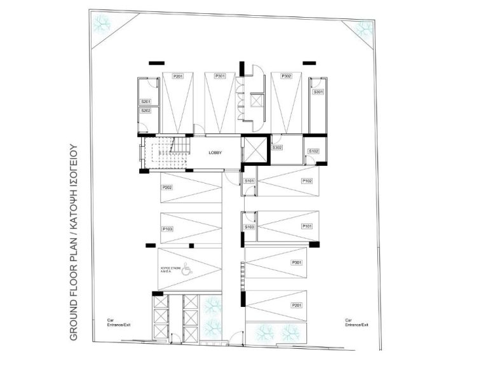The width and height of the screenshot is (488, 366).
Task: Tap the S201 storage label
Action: tap(146, 102)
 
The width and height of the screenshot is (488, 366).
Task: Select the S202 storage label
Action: tap(146, 111)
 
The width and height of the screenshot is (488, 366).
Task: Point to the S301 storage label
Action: tap(318, 92)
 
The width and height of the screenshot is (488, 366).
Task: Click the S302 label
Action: tap(277, 147)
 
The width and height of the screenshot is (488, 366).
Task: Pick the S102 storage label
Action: tap(313, 151)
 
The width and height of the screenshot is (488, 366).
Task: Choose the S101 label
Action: tap(250, 181)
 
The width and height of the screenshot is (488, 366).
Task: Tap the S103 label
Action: tap(250, 227)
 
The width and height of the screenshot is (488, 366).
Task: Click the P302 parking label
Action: tap(286, 76)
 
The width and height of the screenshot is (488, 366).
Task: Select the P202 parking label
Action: tap(168, 187)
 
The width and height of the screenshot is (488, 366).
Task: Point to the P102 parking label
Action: tap(307, 181)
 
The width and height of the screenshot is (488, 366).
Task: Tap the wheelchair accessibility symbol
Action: tap(186, 268)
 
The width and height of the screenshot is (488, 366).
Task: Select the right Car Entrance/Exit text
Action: tap(356, 322)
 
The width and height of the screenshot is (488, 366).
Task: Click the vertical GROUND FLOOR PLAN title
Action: tap(73, 241)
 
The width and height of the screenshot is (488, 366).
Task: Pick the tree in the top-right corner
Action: tap(364, 28)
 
